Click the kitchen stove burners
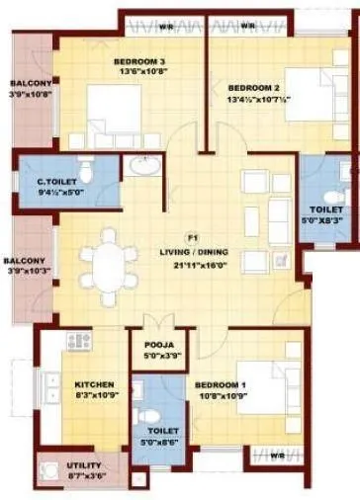[x=78, y=341]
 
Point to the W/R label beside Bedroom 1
[x=279, y=456]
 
